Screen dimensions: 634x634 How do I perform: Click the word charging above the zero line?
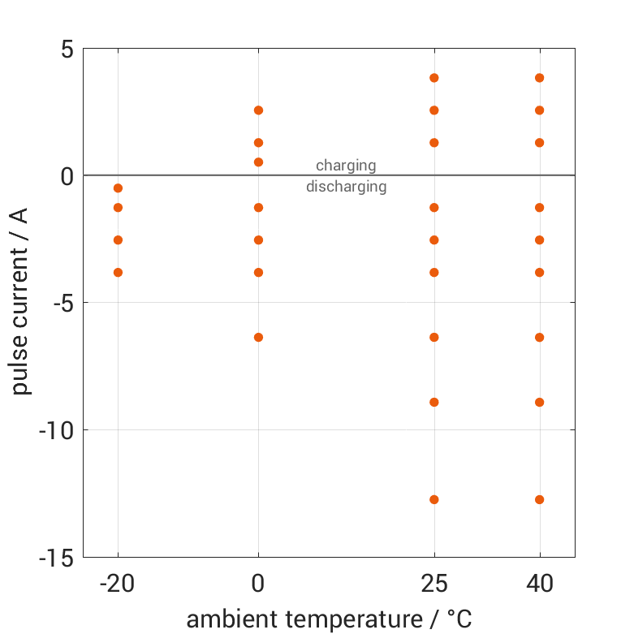(346, 166)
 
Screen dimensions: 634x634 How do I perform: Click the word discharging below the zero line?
(346, 187)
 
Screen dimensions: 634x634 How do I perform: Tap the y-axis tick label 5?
(67, 49)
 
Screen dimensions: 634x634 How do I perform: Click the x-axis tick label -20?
(118, 584)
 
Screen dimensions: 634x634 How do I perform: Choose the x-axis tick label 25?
(434, 584)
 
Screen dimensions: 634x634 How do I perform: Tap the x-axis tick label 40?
(540, 584)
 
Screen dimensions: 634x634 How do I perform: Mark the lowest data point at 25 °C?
(434, 499)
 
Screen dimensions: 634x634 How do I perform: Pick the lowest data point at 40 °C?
(540, 499)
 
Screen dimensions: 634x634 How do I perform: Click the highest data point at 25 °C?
(434, 78)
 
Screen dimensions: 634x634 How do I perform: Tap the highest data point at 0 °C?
(259, 110)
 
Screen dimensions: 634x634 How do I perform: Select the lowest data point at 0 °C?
(259, 337)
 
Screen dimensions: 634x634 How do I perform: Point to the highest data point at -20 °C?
(118, 188)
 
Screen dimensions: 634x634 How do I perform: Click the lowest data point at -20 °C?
(118, 273)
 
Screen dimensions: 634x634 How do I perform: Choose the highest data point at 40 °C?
(540, 78)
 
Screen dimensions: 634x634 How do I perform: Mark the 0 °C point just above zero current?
(259, 162)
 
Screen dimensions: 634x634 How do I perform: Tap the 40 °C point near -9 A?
(540, 402)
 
